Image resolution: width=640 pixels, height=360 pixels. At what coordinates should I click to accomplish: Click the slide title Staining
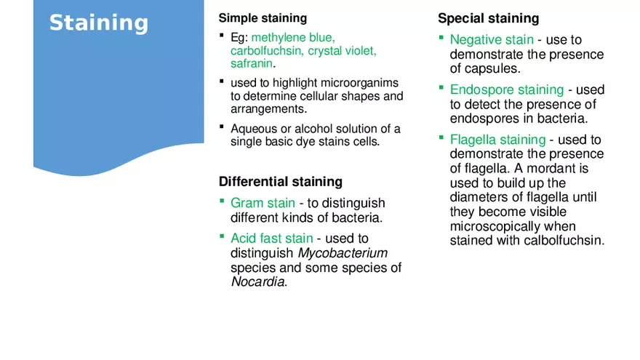(x=98, y=23)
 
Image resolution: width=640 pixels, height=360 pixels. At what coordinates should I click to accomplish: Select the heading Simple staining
(x=263, y=18)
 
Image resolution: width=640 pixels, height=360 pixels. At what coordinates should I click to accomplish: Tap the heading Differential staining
(x=280, y=181)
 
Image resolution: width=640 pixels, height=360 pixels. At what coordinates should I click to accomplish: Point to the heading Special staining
(x=488, y=18)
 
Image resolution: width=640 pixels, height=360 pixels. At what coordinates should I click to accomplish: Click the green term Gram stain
(x=263, y=203)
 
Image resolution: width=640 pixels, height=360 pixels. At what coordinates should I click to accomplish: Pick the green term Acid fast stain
(x=271, y=238)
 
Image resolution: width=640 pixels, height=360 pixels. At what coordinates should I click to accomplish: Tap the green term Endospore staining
(x=506, y=89)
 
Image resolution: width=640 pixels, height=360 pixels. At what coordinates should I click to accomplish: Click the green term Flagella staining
(x=497, y=139)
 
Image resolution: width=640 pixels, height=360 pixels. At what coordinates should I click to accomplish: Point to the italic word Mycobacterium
(x=343, y=253)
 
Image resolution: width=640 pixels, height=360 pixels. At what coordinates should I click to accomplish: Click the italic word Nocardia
(x=257, y=282)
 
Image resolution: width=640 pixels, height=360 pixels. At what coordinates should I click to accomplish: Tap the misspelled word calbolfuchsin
(x=564, y=241)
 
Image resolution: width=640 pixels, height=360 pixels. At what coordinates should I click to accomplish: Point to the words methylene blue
(x=293, y=37)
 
